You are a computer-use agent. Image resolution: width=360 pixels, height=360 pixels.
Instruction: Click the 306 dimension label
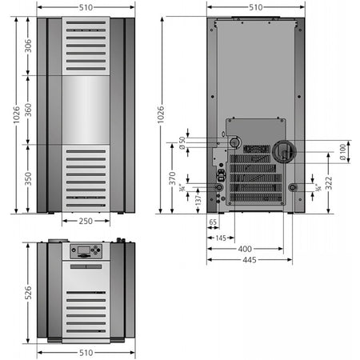click(28, 46)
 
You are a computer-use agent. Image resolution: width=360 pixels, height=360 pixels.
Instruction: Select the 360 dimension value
click(28, 110)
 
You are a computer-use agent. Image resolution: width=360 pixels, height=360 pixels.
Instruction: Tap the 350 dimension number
click(28, 179)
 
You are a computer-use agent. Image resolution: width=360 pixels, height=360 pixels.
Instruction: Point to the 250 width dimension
click(86, 221)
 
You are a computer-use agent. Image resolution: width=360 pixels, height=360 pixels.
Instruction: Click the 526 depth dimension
click(28, 293)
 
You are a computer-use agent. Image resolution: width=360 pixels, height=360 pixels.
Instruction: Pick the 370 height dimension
click(172, 178)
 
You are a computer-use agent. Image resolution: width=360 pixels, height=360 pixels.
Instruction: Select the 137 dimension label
click(198, 201)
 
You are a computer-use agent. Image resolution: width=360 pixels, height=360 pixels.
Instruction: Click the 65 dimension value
click(213, 222)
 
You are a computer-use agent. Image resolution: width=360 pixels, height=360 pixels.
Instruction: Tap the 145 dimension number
click(221, 238)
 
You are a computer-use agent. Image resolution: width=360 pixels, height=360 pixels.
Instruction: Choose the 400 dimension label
click(245, 249)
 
